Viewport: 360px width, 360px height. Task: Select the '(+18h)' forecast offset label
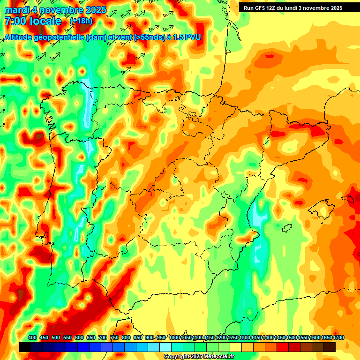81,21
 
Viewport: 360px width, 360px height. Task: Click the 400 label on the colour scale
32,337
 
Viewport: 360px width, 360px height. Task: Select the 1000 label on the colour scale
174,337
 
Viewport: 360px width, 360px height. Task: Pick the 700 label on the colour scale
103,337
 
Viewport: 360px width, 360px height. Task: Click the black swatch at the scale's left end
25,347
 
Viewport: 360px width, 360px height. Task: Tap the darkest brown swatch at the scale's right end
330,347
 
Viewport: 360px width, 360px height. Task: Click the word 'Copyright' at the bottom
176,357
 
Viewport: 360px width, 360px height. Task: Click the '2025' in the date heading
93,10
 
